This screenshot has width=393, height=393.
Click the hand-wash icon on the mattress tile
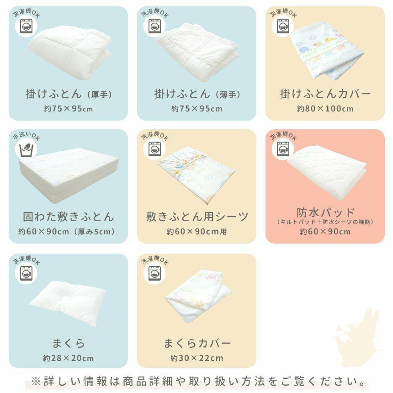(x=26, y=149)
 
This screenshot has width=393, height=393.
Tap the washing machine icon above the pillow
(x=26, y=273)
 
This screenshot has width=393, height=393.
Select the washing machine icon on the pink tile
(x=283, y=149)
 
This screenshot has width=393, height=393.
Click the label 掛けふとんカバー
(x=325, y=94)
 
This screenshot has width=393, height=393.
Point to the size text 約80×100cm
(x=325, y=109)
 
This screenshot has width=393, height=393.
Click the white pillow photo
(x=68, y=303)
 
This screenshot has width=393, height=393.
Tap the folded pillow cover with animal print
(x=198, y=295)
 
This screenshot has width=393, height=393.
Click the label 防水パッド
(x=325, y=212)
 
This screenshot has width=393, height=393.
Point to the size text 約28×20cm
(x=69, y=358)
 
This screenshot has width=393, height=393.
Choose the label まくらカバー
(x=197, y=343)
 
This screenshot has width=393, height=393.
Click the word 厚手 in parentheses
(x=100, y=95)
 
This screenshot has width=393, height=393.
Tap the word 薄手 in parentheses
(x=228, y=95)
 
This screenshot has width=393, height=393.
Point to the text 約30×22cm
(x=197, y=358)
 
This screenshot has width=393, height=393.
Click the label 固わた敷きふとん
(x=69, y=217)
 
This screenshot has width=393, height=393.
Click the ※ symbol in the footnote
(x=36, y=381)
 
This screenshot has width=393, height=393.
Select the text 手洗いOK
(x=27, y=136)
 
